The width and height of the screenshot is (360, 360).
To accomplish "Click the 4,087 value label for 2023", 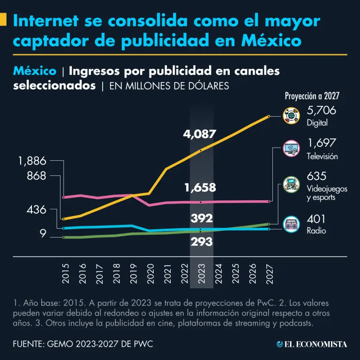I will (x=200, y=135).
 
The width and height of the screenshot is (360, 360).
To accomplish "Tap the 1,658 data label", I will (x=200, y=188).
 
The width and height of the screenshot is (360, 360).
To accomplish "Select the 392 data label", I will (x=202, y=218).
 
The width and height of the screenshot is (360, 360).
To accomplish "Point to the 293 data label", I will (x=202, y=242).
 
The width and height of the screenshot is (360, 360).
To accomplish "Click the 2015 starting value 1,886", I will (x=32, y=161).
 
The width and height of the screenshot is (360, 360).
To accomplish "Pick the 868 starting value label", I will (x=37, y=176).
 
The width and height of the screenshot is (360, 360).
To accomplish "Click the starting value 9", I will (x=43, y=233).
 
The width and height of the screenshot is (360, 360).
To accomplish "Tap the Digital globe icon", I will (x=291, y=116).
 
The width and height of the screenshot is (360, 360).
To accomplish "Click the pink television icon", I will (x=291, y=150).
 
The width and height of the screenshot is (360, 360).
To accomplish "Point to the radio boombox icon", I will (x=291, y=225).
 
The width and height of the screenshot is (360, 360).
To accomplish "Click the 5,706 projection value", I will (x=322, y=111).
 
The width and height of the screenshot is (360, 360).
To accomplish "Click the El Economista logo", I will (x=312, y=344).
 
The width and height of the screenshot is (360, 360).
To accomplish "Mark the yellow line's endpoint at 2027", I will (x=269, y=116).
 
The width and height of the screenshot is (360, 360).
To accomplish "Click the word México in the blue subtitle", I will (x=35, y=71).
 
